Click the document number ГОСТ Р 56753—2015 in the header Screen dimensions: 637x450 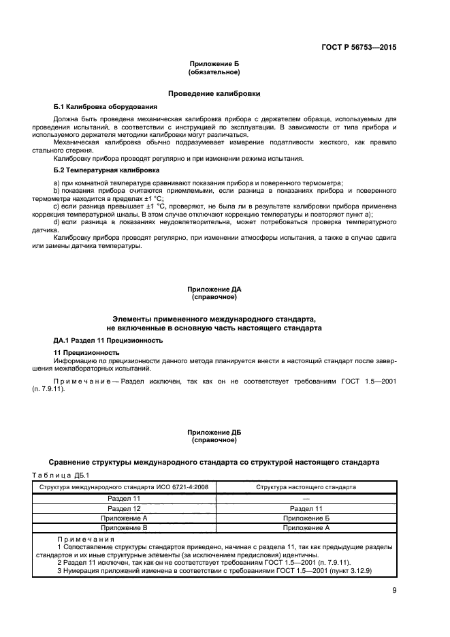(x=359, y=48)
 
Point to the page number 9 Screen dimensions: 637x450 (x=393, y=591)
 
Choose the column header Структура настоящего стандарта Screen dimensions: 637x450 (x=305, y=487)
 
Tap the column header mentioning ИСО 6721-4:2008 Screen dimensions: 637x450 (x=124, y=487)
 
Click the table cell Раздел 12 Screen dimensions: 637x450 (x=124, y=508)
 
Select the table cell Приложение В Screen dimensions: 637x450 (x=124, y=527)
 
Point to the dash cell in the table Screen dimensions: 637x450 (x=305, y=499)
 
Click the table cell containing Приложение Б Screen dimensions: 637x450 (x=305, y=518)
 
